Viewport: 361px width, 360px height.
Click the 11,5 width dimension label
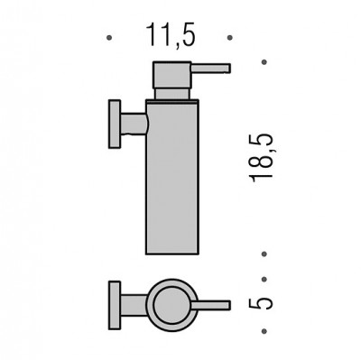(171, 35)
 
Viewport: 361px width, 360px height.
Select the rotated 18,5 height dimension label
(261, 158)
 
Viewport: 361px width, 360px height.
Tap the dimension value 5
(261, 303)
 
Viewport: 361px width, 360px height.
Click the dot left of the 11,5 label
(109, 38)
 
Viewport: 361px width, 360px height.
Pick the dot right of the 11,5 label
(229, 38)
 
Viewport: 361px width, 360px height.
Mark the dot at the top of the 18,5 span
(264, 62)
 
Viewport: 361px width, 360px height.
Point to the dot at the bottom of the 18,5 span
(264, 254)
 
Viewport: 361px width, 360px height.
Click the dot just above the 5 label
(264, 280)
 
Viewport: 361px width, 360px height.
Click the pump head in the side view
(172, 75)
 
